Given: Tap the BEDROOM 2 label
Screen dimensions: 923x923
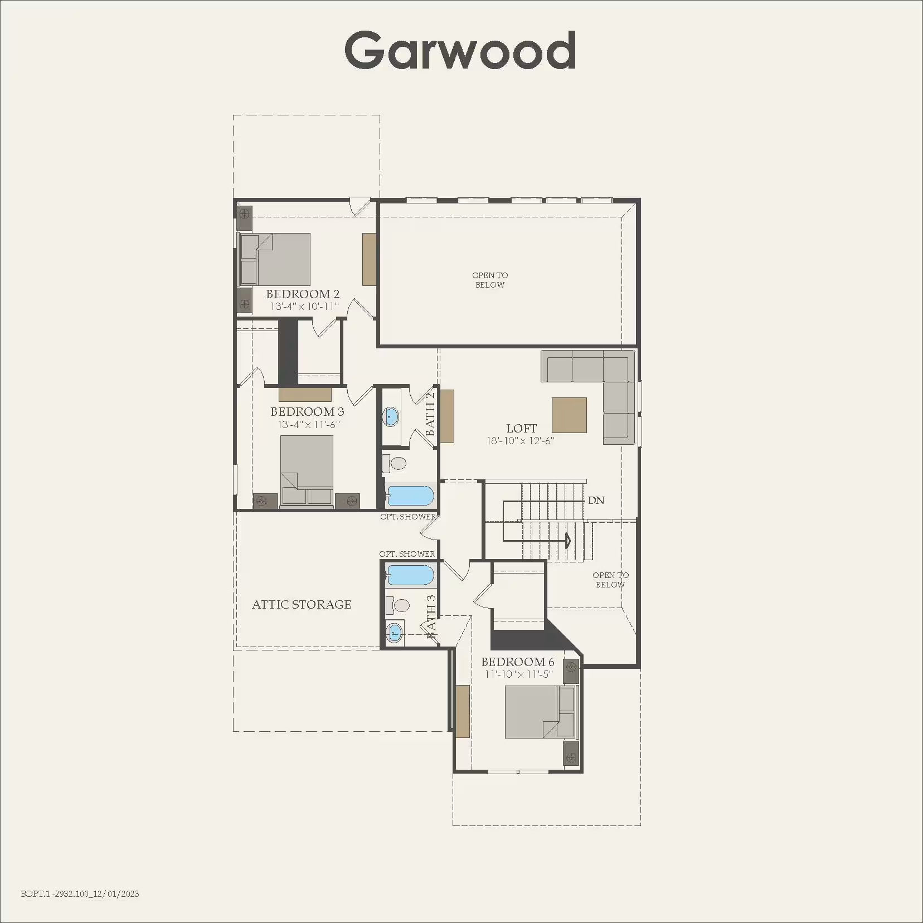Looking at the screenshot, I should click(303, 294).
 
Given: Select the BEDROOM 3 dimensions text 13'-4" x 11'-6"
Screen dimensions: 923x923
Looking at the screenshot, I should click(309, 424).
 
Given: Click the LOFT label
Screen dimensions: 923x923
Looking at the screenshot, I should click(521, 428).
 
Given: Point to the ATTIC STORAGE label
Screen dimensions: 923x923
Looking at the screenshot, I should click(302, 604).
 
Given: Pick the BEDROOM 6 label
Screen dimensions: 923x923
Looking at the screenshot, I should click(518, 662).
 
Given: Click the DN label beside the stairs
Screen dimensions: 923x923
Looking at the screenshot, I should click(596, 500).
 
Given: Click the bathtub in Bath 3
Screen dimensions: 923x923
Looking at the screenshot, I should click(410, 575).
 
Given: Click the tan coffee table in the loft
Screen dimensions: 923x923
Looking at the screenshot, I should click(569, 415).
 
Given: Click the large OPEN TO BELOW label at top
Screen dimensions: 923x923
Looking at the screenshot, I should click(490, 280).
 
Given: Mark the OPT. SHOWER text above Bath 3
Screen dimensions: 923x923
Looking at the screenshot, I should click(407, 553).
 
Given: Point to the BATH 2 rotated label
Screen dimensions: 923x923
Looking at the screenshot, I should click(430, 414).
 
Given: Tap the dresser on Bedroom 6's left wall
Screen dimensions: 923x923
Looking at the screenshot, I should click(463, 711).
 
